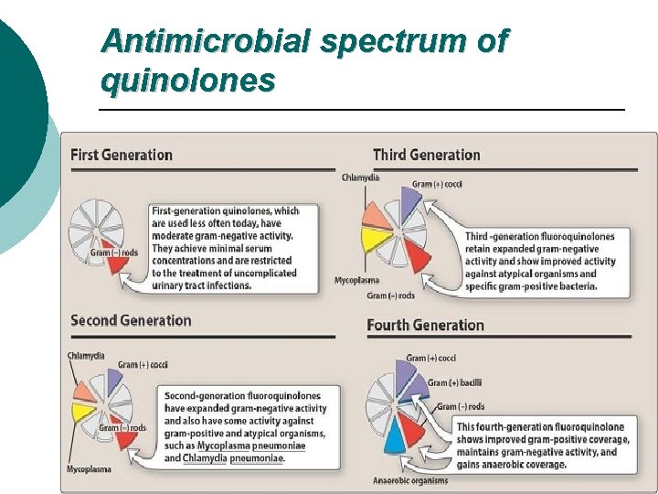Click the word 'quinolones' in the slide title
tap(187, 81)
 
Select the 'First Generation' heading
tap(121, 155)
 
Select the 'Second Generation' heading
tap(131, 320)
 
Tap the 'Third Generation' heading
tap(426, 155)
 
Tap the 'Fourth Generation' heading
tap(425, 325)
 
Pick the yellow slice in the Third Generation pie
tap(372, 240)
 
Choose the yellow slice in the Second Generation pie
tap(84, 412)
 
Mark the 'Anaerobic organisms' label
tap(410, 480)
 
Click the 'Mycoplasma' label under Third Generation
tap(356, 280)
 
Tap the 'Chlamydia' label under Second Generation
tap(85, 355)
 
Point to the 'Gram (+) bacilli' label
tap(456, 382)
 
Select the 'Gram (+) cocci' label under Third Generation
tap(437, 184)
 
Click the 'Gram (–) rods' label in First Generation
tap(114, 252)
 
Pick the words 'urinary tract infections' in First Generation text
tap(201, 285)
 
